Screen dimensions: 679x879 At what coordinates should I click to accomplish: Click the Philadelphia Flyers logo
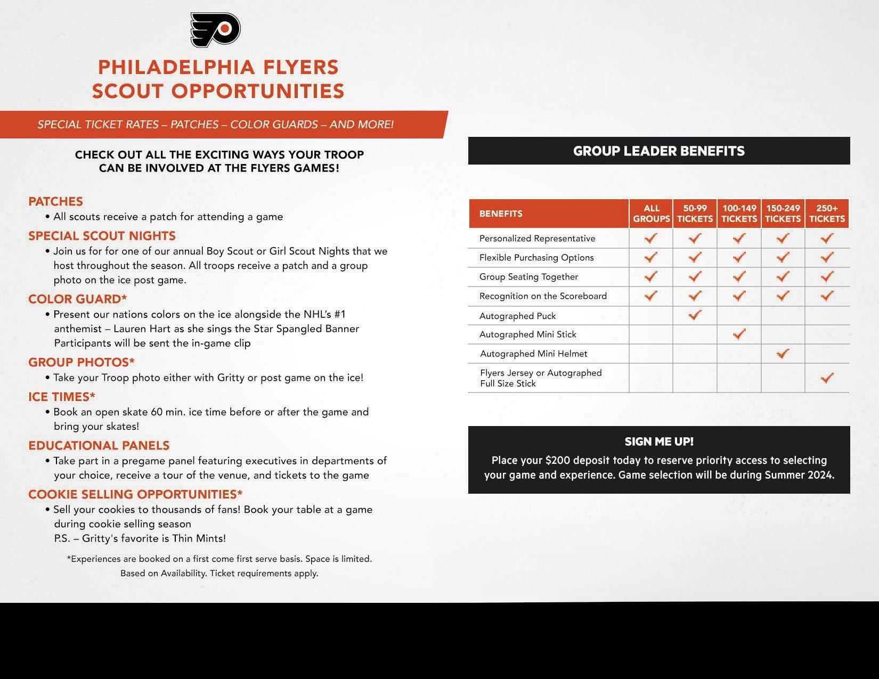(x=216, y=30)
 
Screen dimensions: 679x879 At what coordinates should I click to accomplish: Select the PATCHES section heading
(x=55, y=201)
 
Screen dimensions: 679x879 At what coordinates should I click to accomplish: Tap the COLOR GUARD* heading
(x=78, y=299)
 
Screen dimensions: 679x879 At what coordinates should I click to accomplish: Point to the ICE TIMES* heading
(x=62, y=397)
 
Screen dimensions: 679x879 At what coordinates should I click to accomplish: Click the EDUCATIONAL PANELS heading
(x=99, y=445)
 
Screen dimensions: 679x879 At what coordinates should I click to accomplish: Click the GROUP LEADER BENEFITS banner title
(x=658, y=151)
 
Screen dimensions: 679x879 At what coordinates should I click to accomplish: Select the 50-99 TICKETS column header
(x=695, y=214)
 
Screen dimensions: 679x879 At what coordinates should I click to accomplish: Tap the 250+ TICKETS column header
(x=827, y=214)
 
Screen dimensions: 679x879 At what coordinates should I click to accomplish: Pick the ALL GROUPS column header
(x=651, y=214)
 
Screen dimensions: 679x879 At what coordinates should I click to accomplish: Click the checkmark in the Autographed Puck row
(x=695, y=315)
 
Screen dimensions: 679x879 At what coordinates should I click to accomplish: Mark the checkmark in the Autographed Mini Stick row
(x=739, y=334)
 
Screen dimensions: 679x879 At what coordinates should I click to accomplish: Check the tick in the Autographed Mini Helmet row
(x=783, y=353)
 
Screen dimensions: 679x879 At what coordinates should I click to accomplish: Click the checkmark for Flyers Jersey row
(x=827, y=378)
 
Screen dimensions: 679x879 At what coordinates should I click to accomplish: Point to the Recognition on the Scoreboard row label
(x=543, y=296)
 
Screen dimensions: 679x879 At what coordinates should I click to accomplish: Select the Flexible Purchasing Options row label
(x=536, y=258)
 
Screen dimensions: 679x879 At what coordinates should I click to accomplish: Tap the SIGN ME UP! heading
(x=659, y=441)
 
